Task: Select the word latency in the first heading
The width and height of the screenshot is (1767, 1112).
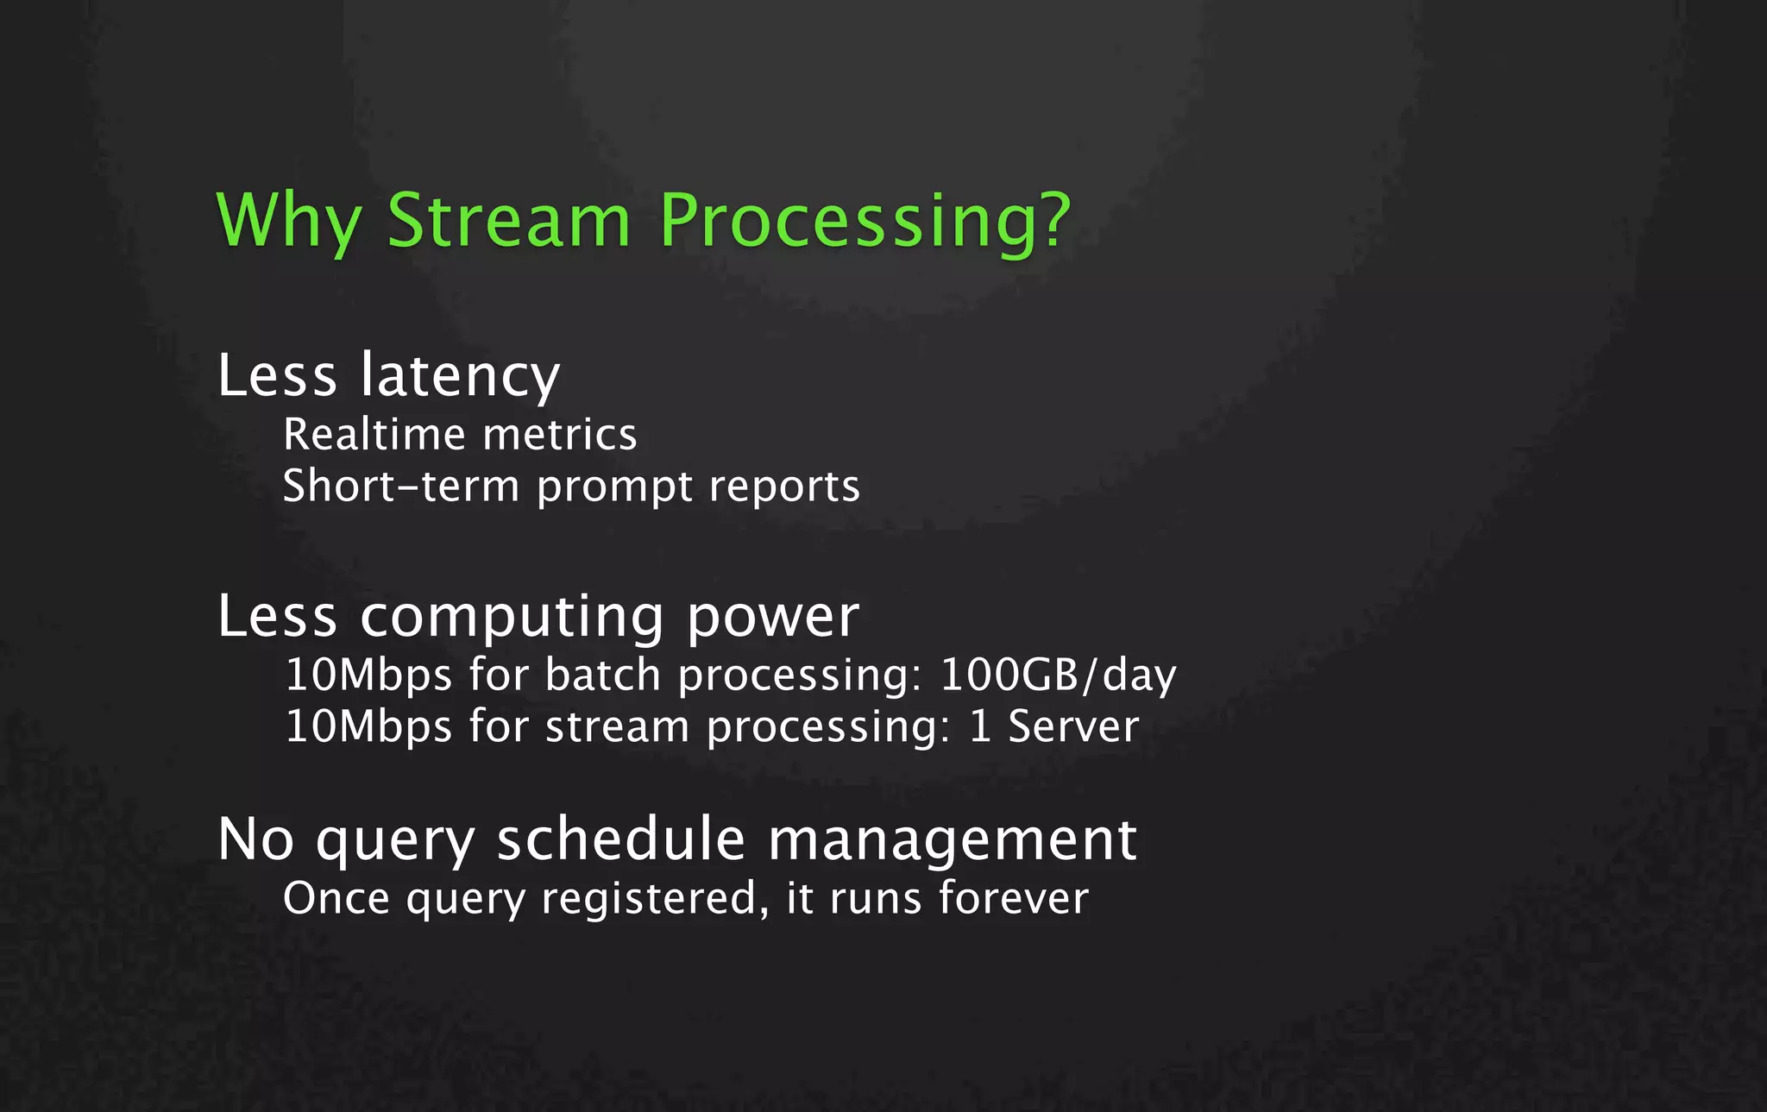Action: (460, 376)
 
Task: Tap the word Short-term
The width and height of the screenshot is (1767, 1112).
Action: (400, 486)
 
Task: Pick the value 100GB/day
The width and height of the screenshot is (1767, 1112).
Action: (1058, 675)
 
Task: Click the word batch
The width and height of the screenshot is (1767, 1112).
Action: (602, 675)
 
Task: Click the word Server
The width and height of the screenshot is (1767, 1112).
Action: (1073, 726)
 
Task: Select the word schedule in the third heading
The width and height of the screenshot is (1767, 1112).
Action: (620, 839)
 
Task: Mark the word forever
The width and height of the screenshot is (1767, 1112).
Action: (1013, 897)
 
